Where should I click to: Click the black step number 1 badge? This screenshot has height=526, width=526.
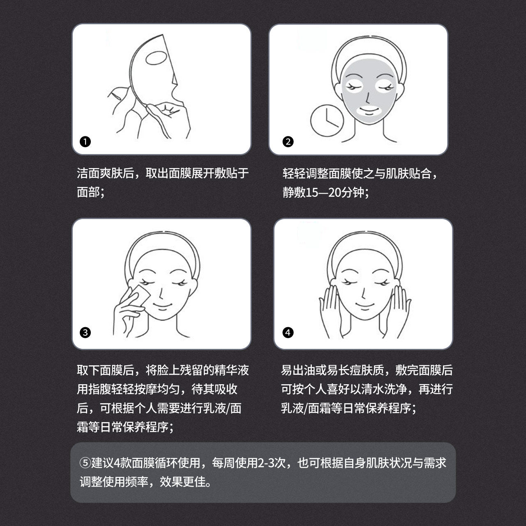[85, 142]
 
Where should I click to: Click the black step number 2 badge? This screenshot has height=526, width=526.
[288, 142]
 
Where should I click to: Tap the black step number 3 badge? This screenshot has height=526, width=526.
[85, 332]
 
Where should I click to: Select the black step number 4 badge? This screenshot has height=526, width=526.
[288, 332]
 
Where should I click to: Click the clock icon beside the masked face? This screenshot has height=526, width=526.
[327, 121]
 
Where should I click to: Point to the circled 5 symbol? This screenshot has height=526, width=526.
[85, 463]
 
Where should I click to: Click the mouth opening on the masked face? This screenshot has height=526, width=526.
[369, 111]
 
